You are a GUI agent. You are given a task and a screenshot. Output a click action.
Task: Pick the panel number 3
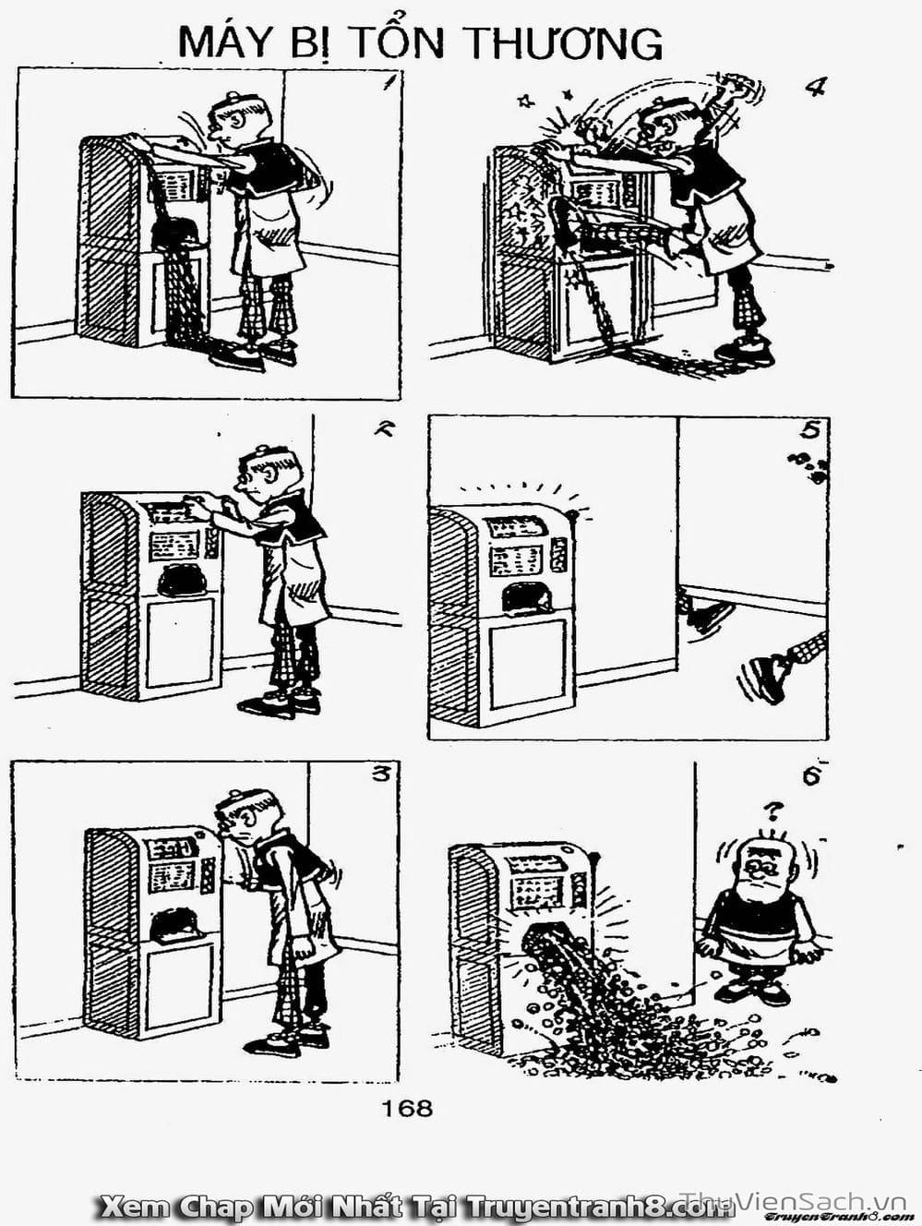click(380, 776)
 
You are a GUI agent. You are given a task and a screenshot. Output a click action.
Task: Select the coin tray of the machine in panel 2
click(182, 581)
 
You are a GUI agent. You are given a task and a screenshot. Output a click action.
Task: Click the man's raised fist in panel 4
click(736, 87)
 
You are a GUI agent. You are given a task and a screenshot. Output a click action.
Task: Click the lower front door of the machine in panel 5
click(528, 665)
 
